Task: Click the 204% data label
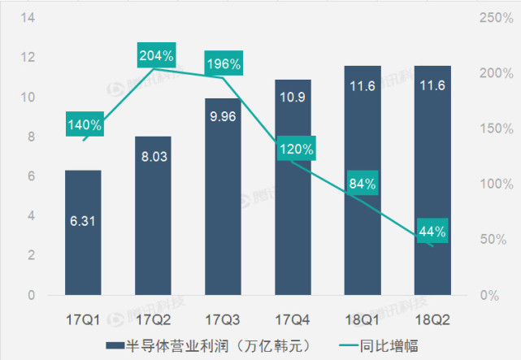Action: coord(156,56)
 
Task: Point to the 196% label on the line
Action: coord(224,63)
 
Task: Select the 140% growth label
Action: coord(85,125)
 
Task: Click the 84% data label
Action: coord(362,183)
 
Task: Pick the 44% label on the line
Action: coord(432,232)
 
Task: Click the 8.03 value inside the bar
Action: coord(153,156)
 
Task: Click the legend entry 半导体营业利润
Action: coord(217,345)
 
